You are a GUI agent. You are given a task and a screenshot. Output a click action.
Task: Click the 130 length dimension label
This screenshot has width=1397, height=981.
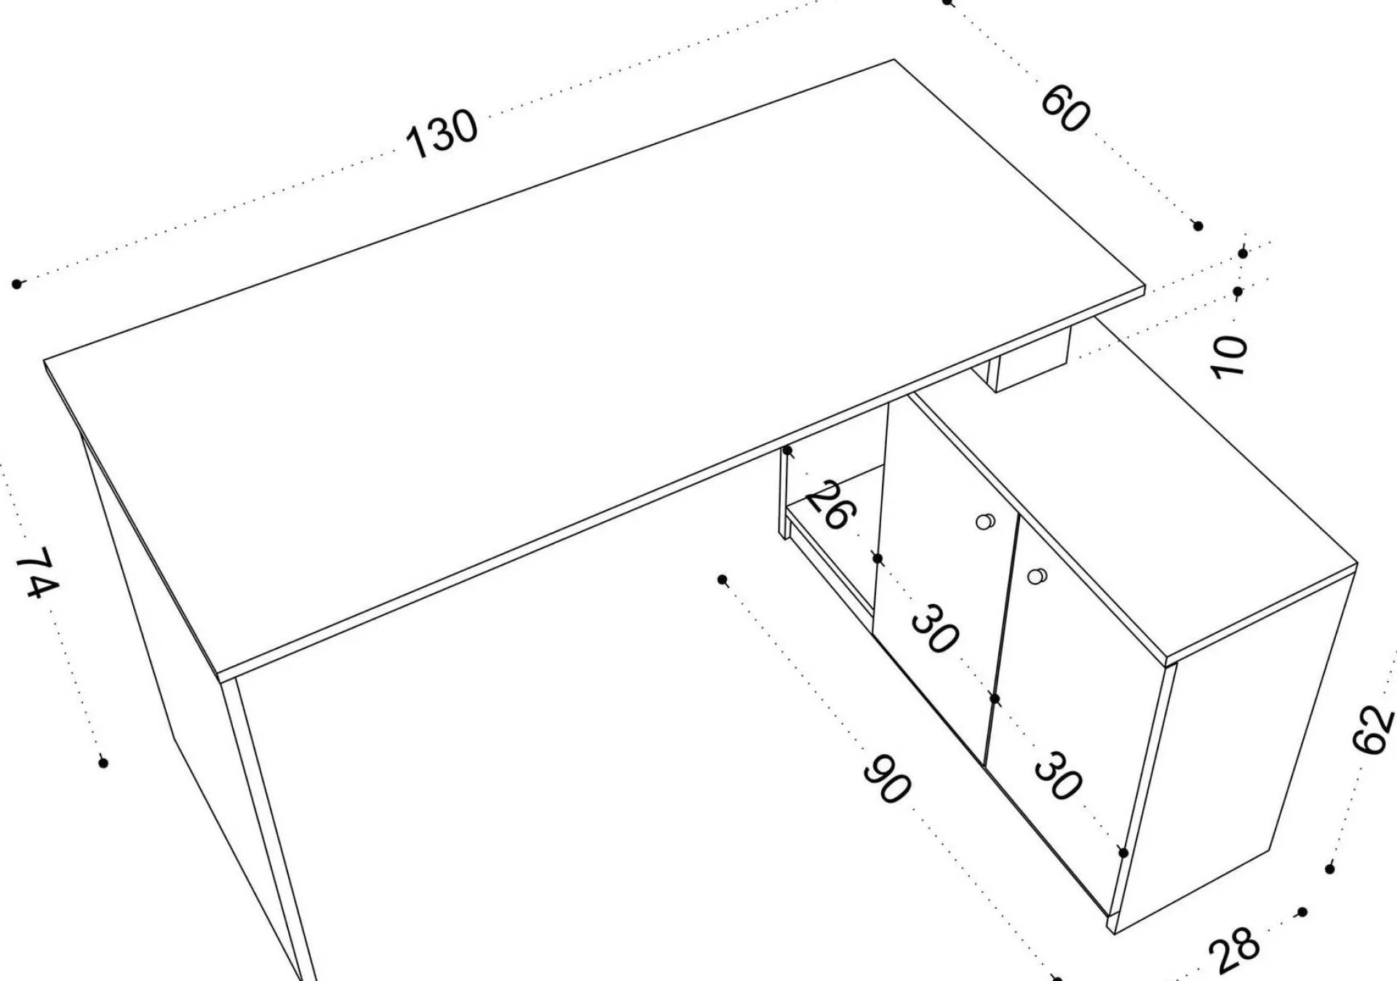tap(442, 133)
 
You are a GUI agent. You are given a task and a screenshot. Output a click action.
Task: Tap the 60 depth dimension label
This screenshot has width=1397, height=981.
tap(1066, 108)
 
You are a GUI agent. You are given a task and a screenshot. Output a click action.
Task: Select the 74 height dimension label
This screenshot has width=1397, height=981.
tap(37, 572)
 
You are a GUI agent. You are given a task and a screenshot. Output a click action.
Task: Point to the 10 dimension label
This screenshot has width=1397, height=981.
tap(1228, 357)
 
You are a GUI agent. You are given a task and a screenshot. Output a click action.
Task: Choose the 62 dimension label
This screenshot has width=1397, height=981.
tap(1372, 728)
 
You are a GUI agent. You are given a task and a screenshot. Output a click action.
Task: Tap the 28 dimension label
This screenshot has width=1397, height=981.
tap(1234, 949)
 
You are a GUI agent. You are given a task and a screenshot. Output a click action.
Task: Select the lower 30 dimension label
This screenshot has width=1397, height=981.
tap(1057, 776)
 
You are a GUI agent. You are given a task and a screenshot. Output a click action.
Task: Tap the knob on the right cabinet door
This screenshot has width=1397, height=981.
tap(1037, 576)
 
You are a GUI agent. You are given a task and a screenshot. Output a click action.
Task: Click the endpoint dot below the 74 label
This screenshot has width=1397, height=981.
tap(103, 763)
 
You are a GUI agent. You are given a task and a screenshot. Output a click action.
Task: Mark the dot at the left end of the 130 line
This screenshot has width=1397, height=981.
tap(17, 283)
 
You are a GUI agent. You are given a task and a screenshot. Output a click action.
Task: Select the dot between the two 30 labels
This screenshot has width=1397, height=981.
tap(995, 699)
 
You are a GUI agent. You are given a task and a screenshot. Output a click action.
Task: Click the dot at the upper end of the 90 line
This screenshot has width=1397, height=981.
tap(723, 579)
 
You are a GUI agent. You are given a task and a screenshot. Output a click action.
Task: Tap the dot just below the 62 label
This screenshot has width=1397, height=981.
tap(1330, 869)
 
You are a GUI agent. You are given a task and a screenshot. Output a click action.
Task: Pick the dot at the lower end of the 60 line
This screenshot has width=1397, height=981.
tap(1198, 226)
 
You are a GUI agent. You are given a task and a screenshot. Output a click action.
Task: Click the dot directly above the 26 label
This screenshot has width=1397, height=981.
tap(787, 450)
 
